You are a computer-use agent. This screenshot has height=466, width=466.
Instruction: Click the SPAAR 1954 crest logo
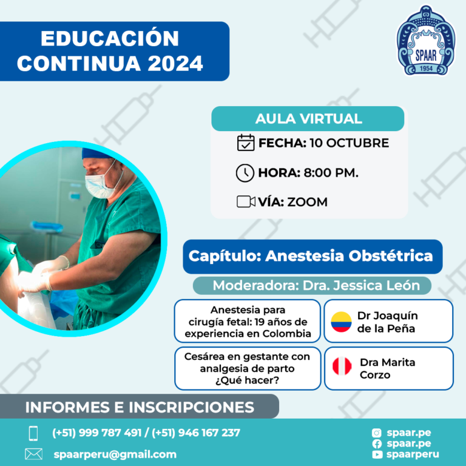[425, 41]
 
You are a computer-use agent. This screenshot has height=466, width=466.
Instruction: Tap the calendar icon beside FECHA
[246, 143]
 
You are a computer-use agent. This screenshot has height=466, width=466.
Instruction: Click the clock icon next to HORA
[245, 173]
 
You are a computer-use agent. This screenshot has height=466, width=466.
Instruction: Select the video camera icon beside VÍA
[246, 201]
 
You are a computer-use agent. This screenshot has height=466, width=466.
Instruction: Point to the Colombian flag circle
[341, 322]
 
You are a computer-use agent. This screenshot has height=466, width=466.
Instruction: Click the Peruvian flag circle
[342, 366]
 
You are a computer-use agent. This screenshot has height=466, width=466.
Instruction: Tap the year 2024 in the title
[175, 63]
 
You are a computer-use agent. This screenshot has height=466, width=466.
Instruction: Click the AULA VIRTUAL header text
[308, 118]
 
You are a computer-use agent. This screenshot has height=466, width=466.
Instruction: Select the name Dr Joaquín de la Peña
[387, 322]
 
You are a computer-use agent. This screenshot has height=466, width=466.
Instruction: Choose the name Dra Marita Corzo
[387, 368]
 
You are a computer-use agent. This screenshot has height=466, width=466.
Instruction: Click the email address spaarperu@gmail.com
[115, 454]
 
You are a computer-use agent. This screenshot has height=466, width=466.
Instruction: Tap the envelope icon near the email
[33, 454]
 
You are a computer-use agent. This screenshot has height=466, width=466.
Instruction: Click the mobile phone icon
[33, 433]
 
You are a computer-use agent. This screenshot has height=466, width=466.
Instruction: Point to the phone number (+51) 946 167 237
[196, 433]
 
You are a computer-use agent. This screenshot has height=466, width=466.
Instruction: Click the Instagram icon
[377, 433]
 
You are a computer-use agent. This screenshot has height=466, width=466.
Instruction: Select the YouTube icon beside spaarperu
[377, 454]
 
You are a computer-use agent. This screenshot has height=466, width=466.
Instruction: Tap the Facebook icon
[377, 444]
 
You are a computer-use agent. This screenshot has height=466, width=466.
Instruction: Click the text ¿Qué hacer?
[248, 380]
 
